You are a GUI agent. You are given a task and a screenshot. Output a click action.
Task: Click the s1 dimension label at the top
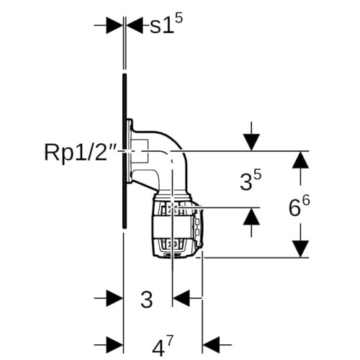pyautogui.click(x=166, y=24)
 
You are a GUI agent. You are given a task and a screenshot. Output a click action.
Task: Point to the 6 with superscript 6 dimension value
pyautogui.click(x=299, y=206)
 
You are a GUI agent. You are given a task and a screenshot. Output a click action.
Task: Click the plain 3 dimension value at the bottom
pyautogui.click(x=147, y=300)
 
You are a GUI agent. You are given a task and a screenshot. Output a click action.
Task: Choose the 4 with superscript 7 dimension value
pyautogui.click(x=163, y=346)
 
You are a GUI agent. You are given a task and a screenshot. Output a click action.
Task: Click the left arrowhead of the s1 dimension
pyautogui.click(x=114, y=25)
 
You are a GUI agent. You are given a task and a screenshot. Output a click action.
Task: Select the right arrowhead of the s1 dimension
pyautogui.click(x=135, y=25)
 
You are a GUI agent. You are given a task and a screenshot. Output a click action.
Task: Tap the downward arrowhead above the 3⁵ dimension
pyautogui.click(x=251, y=142)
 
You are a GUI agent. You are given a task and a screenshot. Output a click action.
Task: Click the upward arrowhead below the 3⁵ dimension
pyautogui.click(x=251, y=216)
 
